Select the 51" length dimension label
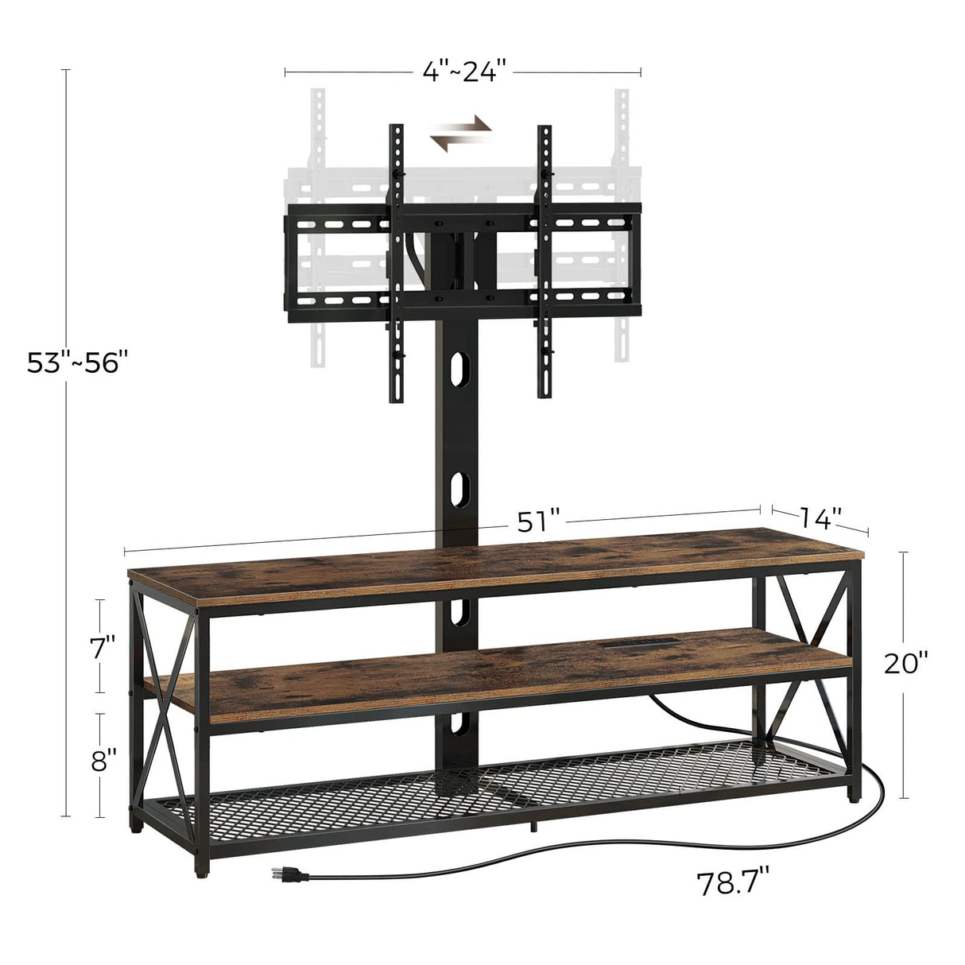coord(540,521)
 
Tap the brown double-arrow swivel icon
coord(461,131)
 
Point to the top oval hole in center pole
coord(458,372)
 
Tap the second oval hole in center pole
coord(458,486)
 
